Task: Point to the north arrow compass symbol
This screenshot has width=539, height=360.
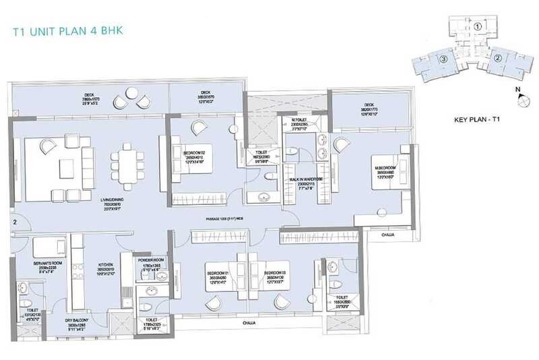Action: tap(521, 100)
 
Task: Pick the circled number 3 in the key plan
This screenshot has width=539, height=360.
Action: tap(444, 59)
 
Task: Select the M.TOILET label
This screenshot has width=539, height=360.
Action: tap(299, 121)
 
